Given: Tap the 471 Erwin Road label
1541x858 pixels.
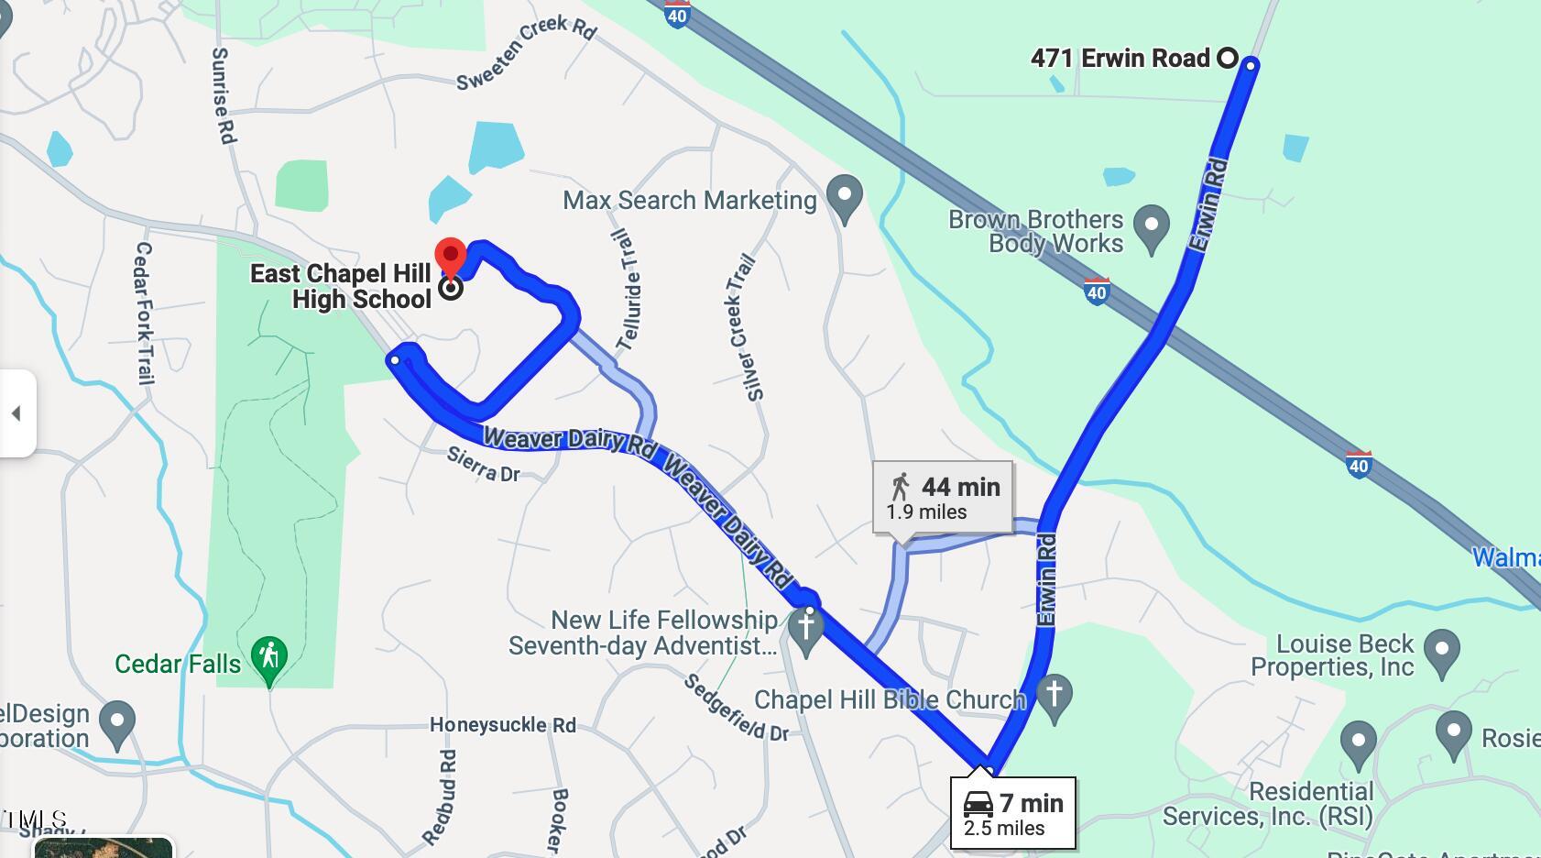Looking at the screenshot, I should click(1120, 59).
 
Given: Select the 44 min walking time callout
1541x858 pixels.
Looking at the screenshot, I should click(943, 498).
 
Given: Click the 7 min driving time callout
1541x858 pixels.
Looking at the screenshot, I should click(1012, 813).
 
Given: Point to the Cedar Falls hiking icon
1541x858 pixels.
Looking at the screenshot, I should click(268, 657).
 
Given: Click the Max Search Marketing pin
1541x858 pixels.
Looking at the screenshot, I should click(845, 195).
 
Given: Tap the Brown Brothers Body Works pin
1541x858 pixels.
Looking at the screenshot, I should click(1152, 225).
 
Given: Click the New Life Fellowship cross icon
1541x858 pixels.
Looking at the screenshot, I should click(806, 628).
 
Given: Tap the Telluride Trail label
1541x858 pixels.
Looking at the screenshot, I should click(628, 291).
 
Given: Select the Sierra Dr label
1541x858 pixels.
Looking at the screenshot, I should click(483, 464).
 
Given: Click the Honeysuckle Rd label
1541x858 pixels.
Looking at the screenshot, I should click(503, 725).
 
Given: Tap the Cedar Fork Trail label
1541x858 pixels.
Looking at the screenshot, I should click(145, 313).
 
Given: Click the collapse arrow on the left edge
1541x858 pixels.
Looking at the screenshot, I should click(16, 413).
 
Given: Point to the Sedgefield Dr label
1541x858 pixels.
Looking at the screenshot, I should click(737, 709).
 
